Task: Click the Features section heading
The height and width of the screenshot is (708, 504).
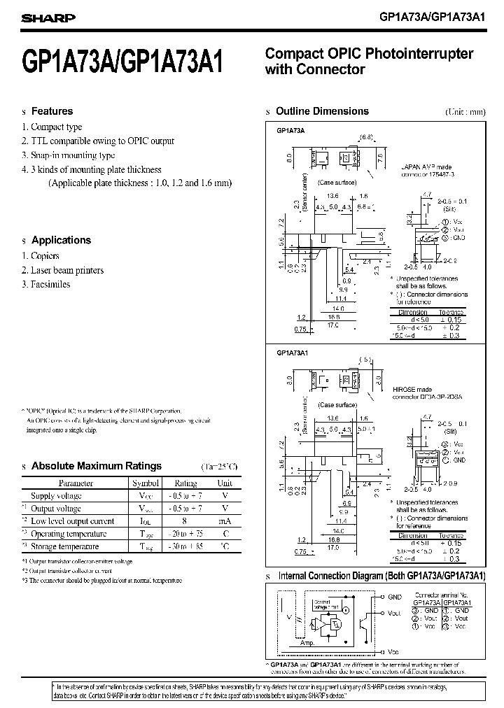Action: pyautogui.click(x=52, y=111)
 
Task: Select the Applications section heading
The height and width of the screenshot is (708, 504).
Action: pyautogui.click(x=61, y=240)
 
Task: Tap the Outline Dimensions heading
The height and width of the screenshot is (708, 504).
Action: pyautogui.click(x=322, y=111)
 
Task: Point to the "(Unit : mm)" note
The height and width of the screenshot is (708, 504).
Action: pyautogui.click(x=465, y=112)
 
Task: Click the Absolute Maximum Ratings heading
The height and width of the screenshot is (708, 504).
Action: pyautogui.click(x=97, y=466)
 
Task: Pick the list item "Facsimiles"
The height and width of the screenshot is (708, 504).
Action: pyautogui.click(x=50, y=284)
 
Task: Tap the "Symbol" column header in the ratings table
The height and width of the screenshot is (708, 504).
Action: pyautogui.click(x=146, y=483)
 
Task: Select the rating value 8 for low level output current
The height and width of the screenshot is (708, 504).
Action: pyautogui.click(x=185, y=521)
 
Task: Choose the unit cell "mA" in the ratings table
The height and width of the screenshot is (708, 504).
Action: pyautogui.click(x=225, y=521)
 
